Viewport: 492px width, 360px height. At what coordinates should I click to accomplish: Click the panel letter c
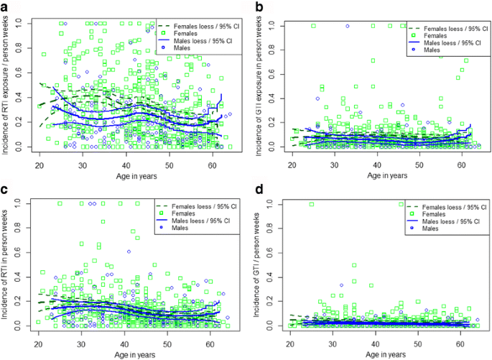[6, 190]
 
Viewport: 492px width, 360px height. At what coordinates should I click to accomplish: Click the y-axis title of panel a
[6, 86]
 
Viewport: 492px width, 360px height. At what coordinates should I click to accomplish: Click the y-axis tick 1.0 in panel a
[22, 24]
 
